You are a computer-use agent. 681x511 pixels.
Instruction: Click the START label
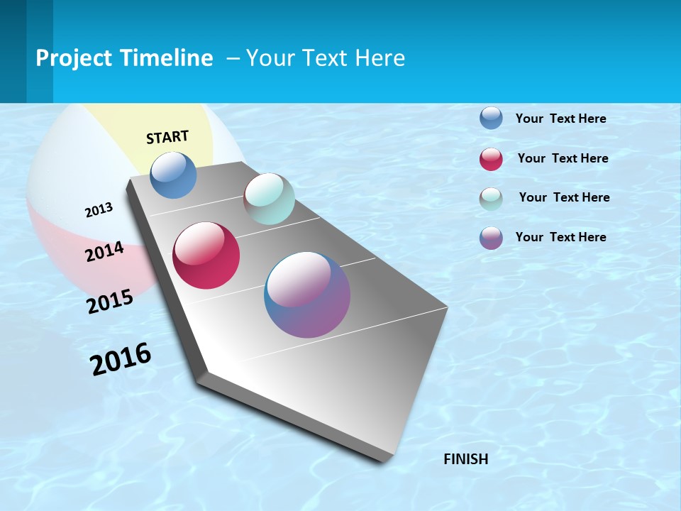pos(167,137)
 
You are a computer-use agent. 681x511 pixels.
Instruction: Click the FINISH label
pos(466,459)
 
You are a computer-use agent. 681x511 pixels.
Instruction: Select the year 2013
pos(99,210)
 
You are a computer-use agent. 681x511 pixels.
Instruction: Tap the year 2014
pos(104,252)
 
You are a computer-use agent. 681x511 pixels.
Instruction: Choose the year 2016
pos(121,359)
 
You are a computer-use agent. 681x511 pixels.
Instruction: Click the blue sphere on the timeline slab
pos(174,175)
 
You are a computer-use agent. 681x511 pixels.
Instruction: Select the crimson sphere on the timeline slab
pos(206,255)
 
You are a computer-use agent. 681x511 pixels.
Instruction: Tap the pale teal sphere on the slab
pos(269,199)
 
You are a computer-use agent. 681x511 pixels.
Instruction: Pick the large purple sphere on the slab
pos(307,295)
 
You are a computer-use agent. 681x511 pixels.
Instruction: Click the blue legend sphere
pos(491,118)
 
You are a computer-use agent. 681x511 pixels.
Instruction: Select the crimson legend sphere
pos(491,159)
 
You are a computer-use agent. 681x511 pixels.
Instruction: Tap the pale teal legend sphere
pos(491,199)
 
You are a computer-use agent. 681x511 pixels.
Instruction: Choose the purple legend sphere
pos(491,238)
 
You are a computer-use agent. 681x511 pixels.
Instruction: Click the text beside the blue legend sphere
pos(560,119)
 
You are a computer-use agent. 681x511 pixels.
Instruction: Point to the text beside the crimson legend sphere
pos(563,158)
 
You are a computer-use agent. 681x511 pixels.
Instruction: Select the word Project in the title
pos(74,58)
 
